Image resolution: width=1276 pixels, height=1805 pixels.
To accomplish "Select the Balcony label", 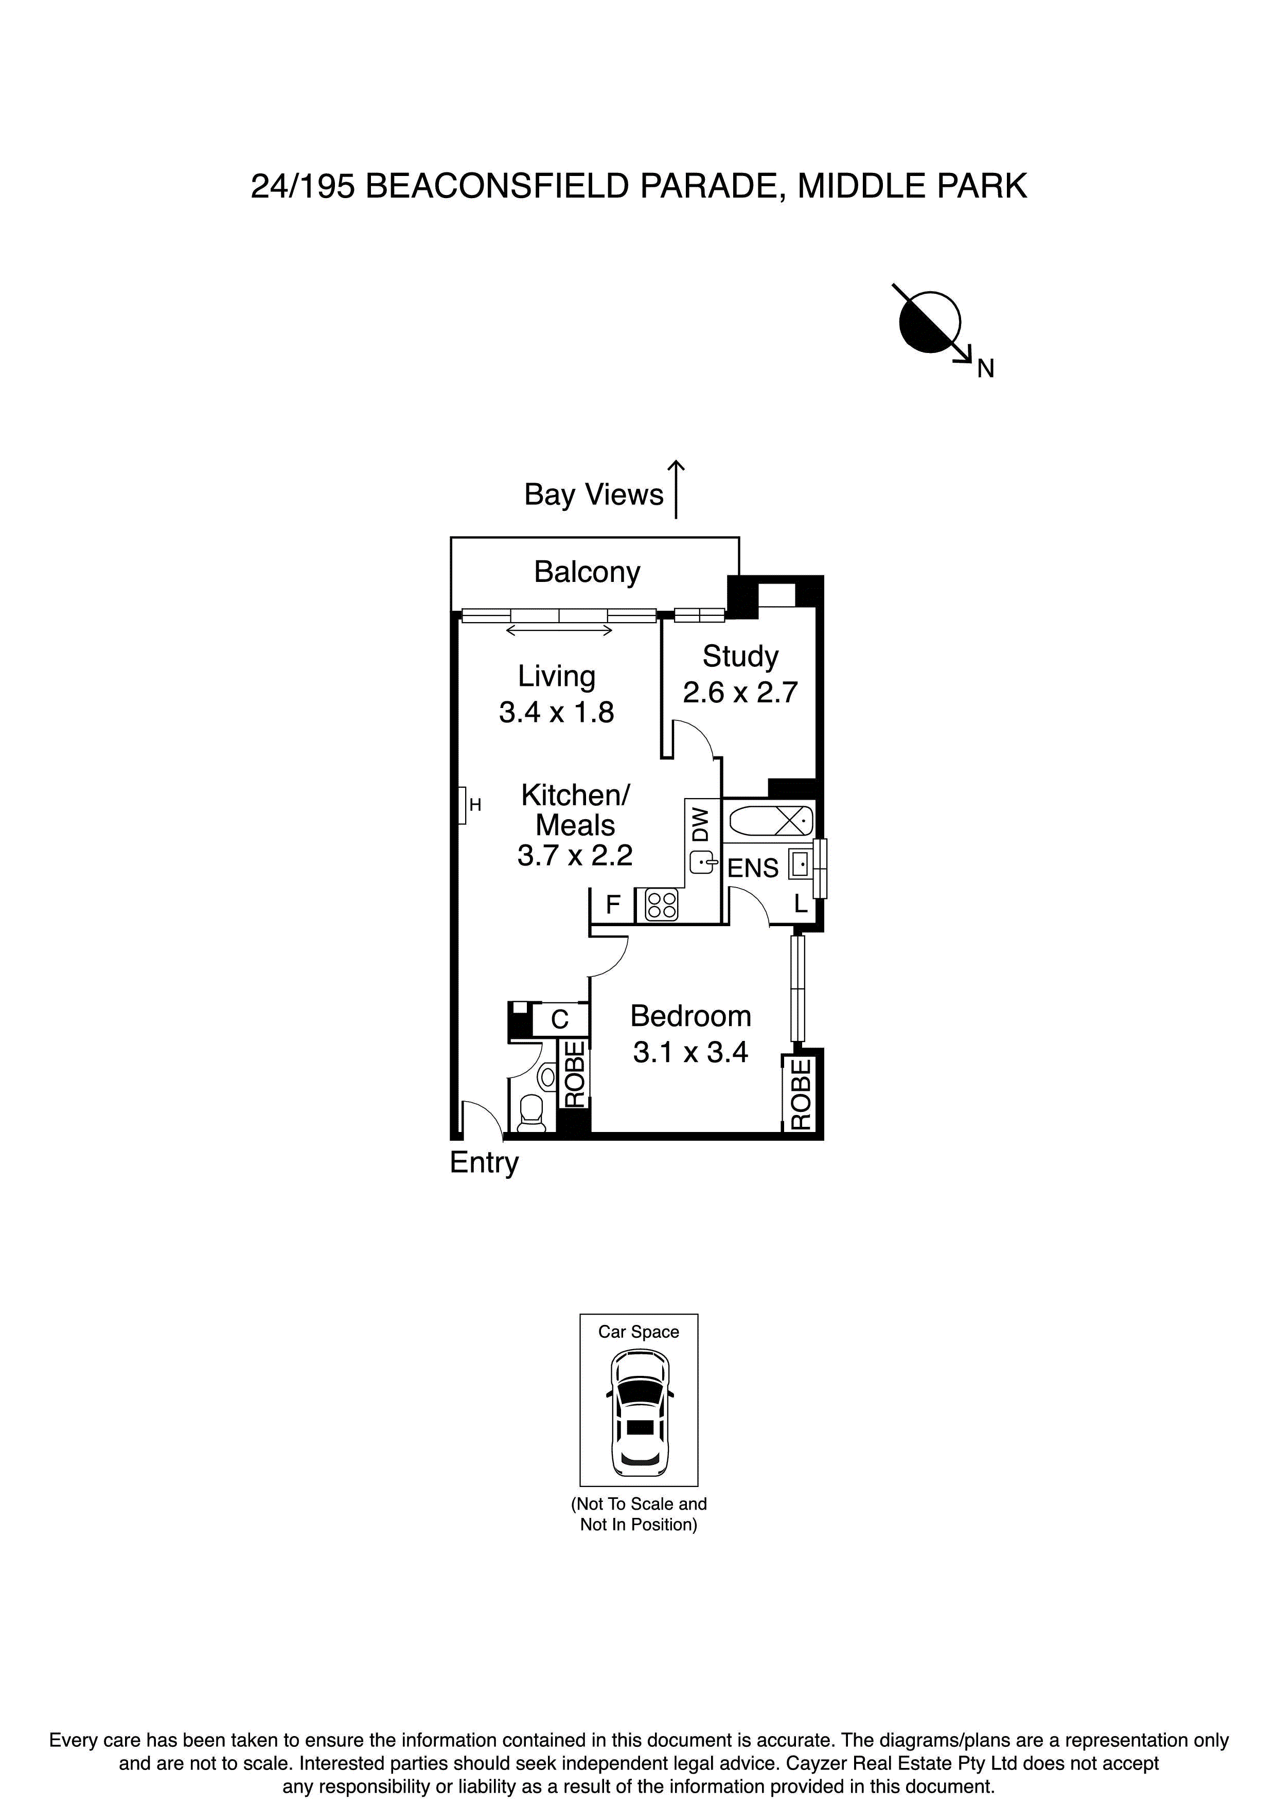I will tap(587, 572).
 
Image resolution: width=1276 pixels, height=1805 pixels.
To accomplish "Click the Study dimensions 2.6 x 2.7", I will tap(740, 693).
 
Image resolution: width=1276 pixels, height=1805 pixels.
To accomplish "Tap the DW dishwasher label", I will tap(700, 823).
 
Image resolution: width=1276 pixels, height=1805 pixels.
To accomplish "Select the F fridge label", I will tap(613, 906).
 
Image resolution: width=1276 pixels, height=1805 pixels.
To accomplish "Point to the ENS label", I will tap(752, 868).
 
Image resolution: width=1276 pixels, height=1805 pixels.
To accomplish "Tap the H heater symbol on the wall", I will tap(463, 805).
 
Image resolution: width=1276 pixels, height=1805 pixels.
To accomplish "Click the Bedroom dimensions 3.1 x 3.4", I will tap(690, 1052).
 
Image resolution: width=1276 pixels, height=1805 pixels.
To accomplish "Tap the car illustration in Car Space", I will tap(639, 1413).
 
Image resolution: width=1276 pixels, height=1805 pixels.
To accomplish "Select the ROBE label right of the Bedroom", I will tap(801, 1093).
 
